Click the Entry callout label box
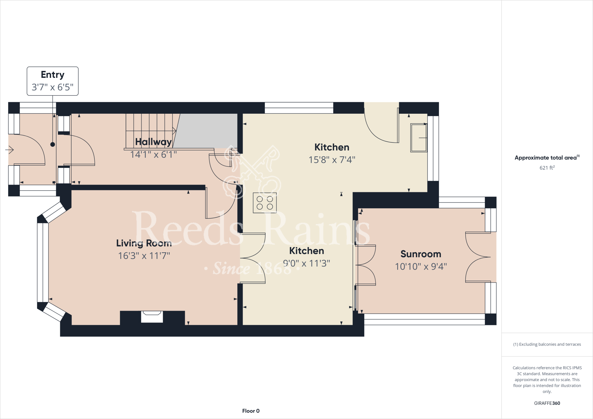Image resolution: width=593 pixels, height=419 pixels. [x=52, y=81]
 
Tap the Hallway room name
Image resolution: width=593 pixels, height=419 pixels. [x=153, y=142]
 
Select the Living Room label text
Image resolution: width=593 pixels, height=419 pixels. [x=144, y=243]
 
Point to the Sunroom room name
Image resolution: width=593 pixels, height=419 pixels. [x=421, y=254]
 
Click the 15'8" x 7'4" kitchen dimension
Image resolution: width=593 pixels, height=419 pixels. [x=332, y=160]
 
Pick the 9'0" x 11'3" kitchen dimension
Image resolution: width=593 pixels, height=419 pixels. [x=307, y=263]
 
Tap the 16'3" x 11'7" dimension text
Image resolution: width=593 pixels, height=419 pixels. [x=144, y=256]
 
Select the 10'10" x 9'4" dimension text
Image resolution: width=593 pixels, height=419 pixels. [x=421, y=267]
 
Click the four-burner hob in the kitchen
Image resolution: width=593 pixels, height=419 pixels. [x=265, y=203]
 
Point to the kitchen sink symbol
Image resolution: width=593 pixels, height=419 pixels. [x=419, y=138]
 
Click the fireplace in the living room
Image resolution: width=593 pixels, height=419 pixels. [x=152, y=317]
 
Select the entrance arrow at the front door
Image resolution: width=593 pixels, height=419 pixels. [x=10, y=150]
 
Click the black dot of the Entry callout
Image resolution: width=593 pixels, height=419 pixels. [x=52, y=144]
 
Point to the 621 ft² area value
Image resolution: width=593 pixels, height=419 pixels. [x=547, y=168]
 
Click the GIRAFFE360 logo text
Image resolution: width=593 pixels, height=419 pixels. [x=547, y=403]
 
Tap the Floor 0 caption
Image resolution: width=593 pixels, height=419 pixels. [x=251, y=411]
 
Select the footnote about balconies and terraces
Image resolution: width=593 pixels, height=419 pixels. [x=547, y=344]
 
